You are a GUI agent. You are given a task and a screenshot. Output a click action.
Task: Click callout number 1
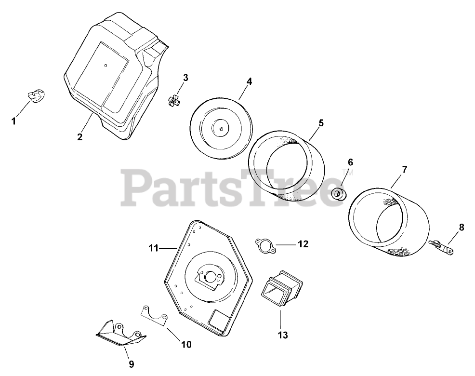pyautogui.click(x=14, y=121)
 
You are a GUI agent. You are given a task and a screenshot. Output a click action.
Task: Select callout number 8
pyautogui.click(x=462, y=228)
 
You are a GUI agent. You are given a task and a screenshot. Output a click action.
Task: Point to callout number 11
pyautogui.click(x=153, y=248)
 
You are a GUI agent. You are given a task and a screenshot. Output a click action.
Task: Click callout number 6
pyautogui.click(x=350, y=162)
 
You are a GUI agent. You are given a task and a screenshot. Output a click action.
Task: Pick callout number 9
pyautogui.click(x=131, y=364)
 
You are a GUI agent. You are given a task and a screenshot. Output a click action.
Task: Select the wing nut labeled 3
pyautogui.click(x=175, y=101)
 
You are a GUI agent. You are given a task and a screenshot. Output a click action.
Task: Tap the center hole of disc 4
pyautogui.click(x=220, y=128)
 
